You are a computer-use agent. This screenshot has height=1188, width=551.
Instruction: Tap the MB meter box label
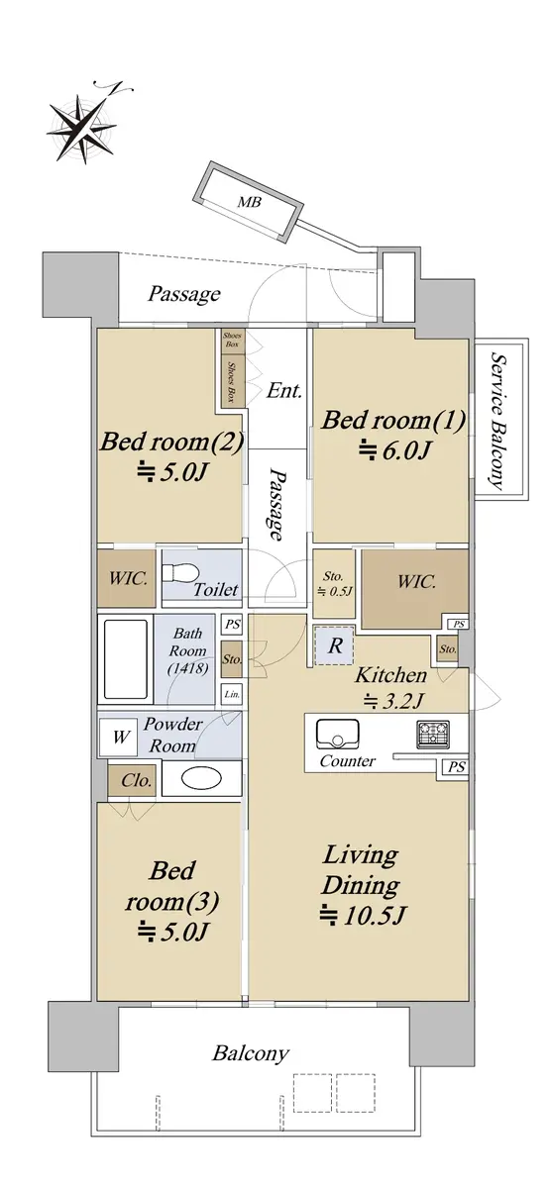click(248, 202)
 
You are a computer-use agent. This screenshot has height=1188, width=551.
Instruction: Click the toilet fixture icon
click(180, 573)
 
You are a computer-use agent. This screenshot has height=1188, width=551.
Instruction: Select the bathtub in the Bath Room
click(125, 658)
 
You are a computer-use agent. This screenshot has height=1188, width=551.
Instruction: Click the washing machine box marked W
click(121, 737)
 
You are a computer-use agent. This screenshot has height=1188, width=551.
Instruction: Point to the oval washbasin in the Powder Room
click(201, 778)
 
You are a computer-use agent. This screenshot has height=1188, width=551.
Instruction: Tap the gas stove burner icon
click(433, 734)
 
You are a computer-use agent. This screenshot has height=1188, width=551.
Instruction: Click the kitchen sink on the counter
click(337, 734)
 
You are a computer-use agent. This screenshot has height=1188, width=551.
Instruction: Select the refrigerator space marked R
click(334, 644)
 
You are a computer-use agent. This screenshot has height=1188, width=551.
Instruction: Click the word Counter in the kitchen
click(347, 761)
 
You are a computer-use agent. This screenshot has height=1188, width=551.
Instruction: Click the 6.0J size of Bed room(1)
click(393, 450)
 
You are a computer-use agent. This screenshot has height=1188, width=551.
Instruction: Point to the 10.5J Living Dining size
click(362, 915)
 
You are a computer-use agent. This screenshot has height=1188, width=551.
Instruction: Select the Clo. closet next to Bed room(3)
click(132, 780)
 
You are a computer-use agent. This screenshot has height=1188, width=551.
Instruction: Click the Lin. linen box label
click(232, 694)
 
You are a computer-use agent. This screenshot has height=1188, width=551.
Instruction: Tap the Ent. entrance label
click(284, 391)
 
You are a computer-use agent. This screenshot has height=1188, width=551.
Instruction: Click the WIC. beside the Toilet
click(127, 578)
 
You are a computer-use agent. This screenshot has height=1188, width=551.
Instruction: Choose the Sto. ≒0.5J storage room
click(334, 583)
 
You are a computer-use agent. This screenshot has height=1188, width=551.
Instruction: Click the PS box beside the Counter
click(457, 767)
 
